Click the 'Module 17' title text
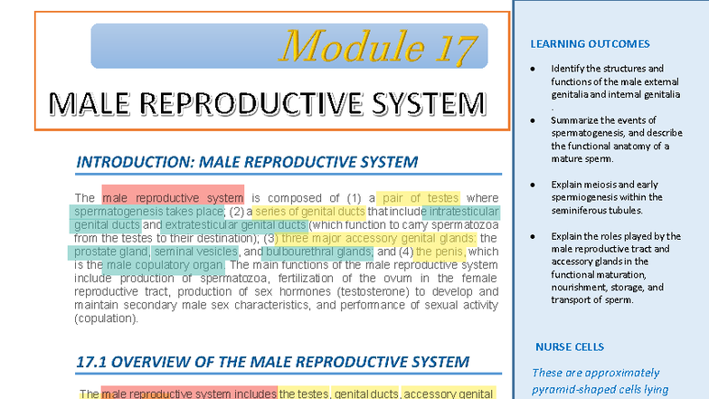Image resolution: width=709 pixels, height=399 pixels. (x=378, y=46)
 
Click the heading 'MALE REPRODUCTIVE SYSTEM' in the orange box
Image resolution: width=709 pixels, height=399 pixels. (x=267, y=103)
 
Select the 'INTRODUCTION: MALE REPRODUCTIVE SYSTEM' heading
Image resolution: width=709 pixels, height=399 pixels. (x=247, y=163)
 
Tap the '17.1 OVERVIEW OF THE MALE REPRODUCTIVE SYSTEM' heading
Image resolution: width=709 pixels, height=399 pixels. (x=272, y=362)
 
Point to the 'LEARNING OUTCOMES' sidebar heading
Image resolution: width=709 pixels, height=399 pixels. (x=590, y=44)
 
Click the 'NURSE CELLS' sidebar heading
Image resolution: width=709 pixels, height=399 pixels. (x=570, y=347)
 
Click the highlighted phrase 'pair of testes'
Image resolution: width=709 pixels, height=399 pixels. (x=420, y=198)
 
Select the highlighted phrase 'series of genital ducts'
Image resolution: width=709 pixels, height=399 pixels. (x=309, y=212)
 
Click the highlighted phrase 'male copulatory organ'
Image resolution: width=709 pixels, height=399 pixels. (x=165, y=265)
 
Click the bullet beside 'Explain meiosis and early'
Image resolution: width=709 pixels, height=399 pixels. (x=534, y=185)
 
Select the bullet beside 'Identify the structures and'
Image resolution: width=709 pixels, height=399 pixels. (x=534, y=69)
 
